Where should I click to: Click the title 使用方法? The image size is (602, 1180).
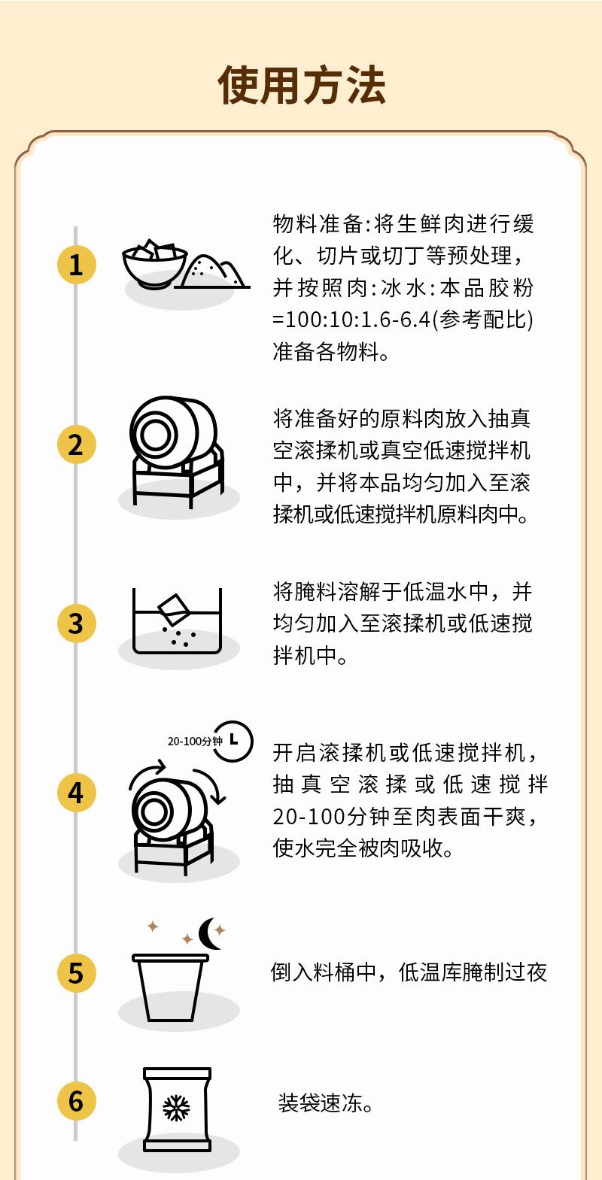pos(301,84)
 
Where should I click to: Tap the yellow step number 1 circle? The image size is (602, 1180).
pos(76,265)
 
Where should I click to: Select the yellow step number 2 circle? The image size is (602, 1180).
pos(76,444)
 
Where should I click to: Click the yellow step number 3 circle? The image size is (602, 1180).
pos(76,623)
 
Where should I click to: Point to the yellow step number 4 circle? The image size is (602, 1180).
pos(76,793)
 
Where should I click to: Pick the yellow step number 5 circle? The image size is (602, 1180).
pos(76,972)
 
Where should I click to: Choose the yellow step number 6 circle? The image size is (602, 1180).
pos(76,1101)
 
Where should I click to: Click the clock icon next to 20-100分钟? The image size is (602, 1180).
pos(233,741)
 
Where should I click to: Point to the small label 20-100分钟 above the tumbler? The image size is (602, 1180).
pos(195,742)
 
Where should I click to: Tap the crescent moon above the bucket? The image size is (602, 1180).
pos(211,934)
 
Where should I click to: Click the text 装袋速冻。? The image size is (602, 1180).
pos(326,1103)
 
